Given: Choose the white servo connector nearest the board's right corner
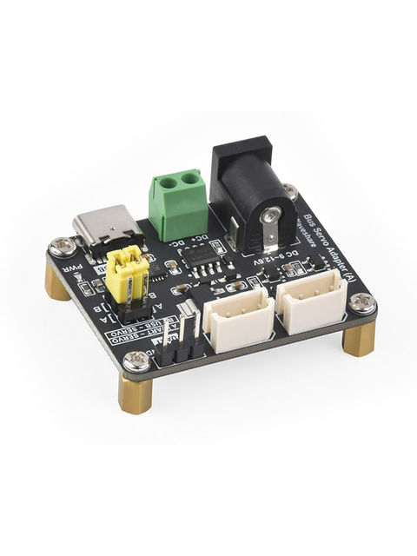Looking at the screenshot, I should click(311, 301).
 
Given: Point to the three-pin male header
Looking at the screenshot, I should click(186, 339).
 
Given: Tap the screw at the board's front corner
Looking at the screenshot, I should click(137, 360).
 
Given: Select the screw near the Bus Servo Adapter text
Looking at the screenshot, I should click(290, 191).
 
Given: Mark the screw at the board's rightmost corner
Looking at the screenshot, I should click(363, 303).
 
